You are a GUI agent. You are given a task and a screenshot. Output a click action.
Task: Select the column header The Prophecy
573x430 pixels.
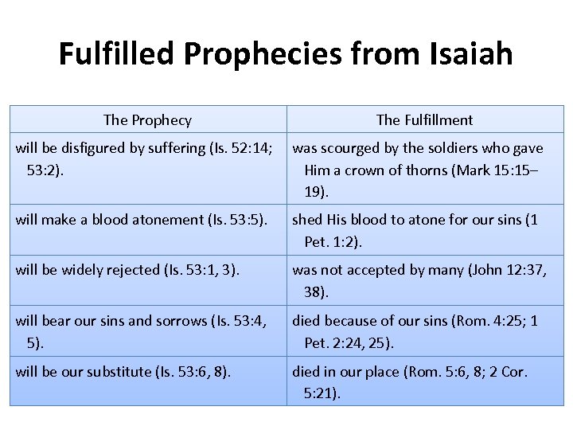tap(147, 120)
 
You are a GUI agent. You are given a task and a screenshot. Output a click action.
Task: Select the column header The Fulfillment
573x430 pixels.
tap(424, 120)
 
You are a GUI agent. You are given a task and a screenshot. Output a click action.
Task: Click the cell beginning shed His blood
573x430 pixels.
tap(424, 231)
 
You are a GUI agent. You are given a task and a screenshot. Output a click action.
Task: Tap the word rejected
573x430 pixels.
tap(130, 270)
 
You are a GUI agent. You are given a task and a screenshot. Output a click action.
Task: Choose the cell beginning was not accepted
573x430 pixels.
tap(424, 280)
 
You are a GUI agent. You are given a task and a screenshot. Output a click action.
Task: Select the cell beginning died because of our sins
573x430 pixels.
tap(424, 331)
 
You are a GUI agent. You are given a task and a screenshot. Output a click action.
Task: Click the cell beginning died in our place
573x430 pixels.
tap(424, 382)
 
